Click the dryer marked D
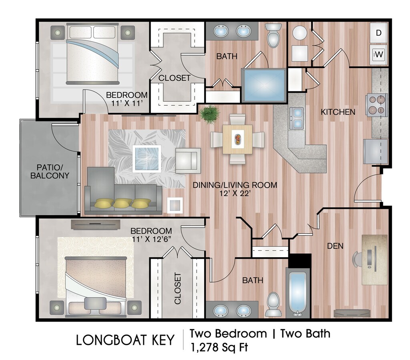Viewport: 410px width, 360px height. pyautogui.click(x=378, y=33)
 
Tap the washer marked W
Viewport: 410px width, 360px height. pyautogui.click(x=378, y=55)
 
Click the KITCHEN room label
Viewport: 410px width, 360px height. pyautogui.click(x=338, y=112)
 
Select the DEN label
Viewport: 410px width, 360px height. pyautogui.click(x=335, y=246)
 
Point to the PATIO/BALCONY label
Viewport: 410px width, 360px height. pyautogui.click(x=50, y=171)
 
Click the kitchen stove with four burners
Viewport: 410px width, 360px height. pyautogui.click(x=376, y=105)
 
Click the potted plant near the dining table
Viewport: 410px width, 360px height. pyautogui.click(x=209, y=113)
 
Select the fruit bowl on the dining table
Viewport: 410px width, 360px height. pyautogui.click(x=238, y=139)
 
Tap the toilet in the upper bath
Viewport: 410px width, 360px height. pyautogui.click(x=273, y=35)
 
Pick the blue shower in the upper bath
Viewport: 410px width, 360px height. pyautogui.click(x=263, y=85)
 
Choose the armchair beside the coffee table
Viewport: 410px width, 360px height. pyautogui.click(x=188, y=160)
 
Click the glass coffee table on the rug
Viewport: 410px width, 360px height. pyautogui.click(x=147, y=159)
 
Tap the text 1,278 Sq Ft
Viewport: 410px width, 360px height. pyautogui.click(x=219, y=347)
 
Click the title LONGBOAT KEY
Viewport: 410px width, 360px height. pyautogui.click(x=125, y=340)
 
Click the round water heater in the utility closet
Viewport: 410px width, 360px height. pyautogui.click(x=299, y=33)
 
